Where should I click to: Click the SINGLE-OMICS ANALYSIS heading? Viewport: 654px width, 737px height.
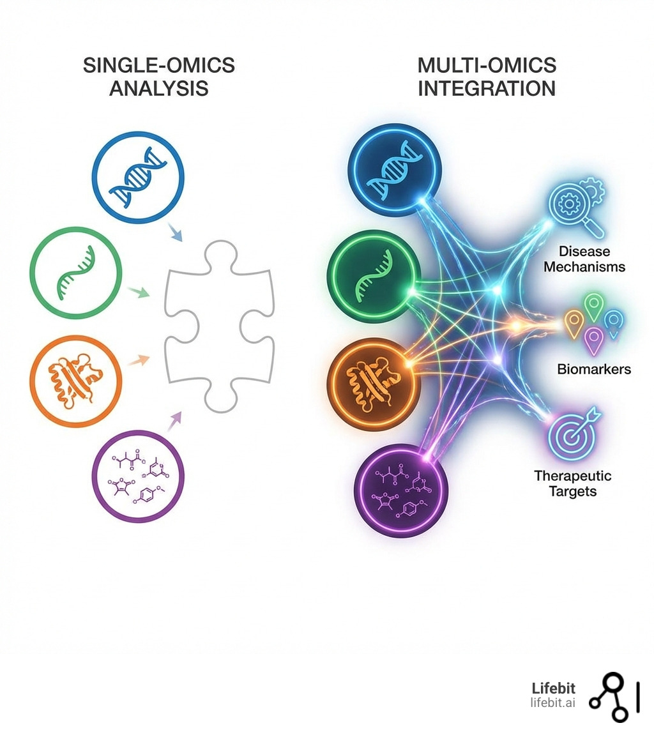pos(159,76)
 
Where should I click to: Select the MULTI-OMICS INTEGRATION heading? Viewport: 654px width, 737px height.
pos(487,76)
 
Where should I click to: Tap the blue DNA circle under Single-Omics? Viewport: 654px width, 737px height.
pos(138,178)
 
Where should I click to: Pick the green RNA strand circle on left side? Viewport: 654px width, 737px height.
pos(76,273)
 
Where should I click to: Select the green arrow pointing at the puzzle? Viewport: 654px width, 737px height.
pos(139,293)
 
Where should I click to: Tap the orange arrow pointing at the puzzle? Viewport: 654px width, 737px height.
pos(139,361)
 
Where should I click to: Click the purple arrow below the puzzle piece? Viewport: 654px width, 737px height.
pos(174,422)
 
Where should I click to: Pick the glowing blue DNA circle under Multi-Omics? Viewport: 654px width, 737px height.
pos(395,171)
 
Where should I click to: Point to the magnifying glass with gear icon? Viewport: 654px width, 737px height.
pos(576,208)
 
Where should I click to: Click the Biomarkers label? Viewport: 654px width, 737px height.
pos(593,369)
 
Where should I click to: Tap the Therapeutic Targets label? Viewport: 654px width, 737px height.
pos(572,483)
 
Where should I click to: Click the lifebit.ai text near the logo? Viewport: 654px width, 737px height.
pos(552,703)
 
